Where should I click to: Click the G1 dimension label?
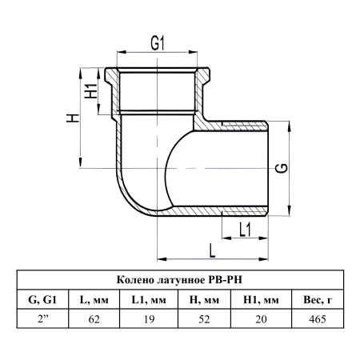pos(158,43)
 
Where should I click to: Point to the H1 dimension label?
pos(91,90)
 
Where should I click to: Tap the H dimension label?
pos(73,118)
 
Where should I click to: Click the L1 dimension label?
pos(245,230)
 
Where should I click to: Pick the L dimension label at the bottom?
pos(212,251)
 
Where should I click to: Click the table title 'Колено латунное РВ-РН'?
pos(180,280)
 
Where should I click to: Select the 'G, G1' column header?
pos(42,300)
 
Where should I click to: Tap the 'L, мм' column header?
pos(94,300)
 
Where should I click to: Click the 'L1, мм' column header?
pos(149,300)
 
